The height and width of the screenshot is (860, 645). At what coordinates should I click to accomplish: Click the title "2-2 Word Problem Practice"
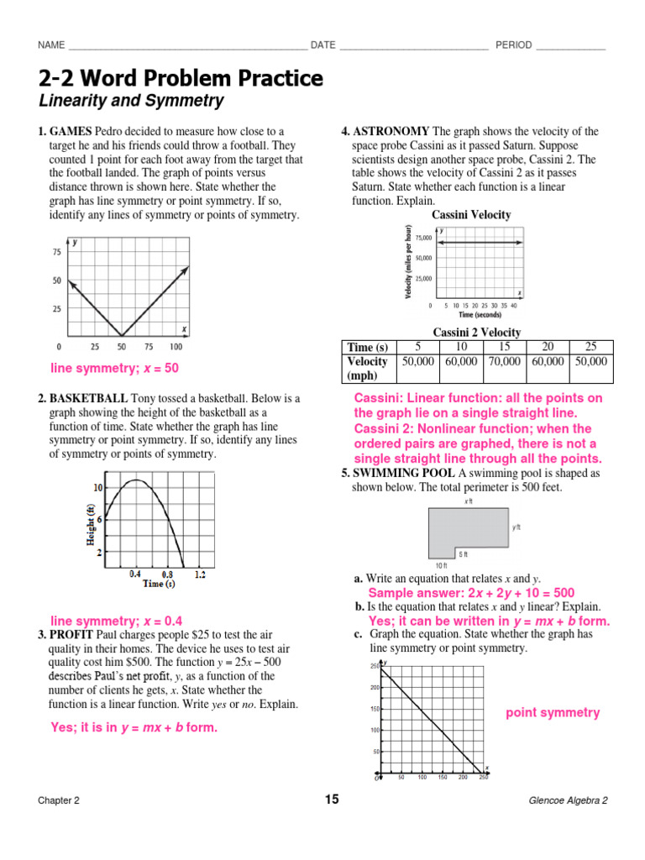pyautogui.click(x=180, y=79)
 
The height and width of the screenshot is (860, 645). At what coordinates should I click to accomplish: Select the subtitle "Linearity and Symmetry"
pyautogui.click(x=131, y=102)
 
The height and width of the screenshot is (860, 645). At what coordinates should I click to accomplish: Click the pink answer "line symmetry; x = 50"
pyautogui.click(x=115, y=368)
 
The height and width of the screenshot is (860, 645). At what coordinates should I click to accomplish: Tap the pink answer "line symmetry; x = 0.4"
pyautogui.click(x=117, y=621)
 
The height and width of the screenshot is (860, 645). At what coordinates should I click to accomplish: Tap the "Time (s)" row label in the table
pyautogui.click(x=368, y=348)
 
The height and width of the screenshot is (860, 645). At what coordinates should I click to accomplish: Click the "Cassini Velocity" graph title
pyautogui.click(x=470, y=215)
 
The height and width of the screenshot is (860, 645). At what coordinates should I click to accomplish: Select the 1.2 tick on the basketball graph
pyautogui.click(x=199, y=574)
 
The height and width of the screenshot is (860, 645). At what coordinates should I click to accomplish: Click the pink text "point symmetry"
pyautogui.click(x=552, y=713)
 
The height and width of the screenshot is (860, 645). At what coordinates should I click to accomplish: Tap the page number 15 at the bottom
pyautogui.click(x=332, y=800)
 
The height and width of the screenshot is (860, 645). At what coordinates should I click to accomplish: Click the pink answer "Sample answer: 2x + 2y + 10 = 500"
pyautogui.click(x=471, y=592)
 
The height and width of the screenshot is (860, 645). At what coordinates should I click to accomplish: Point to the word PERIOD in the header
pyautogui.click(x=513, y=45)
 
